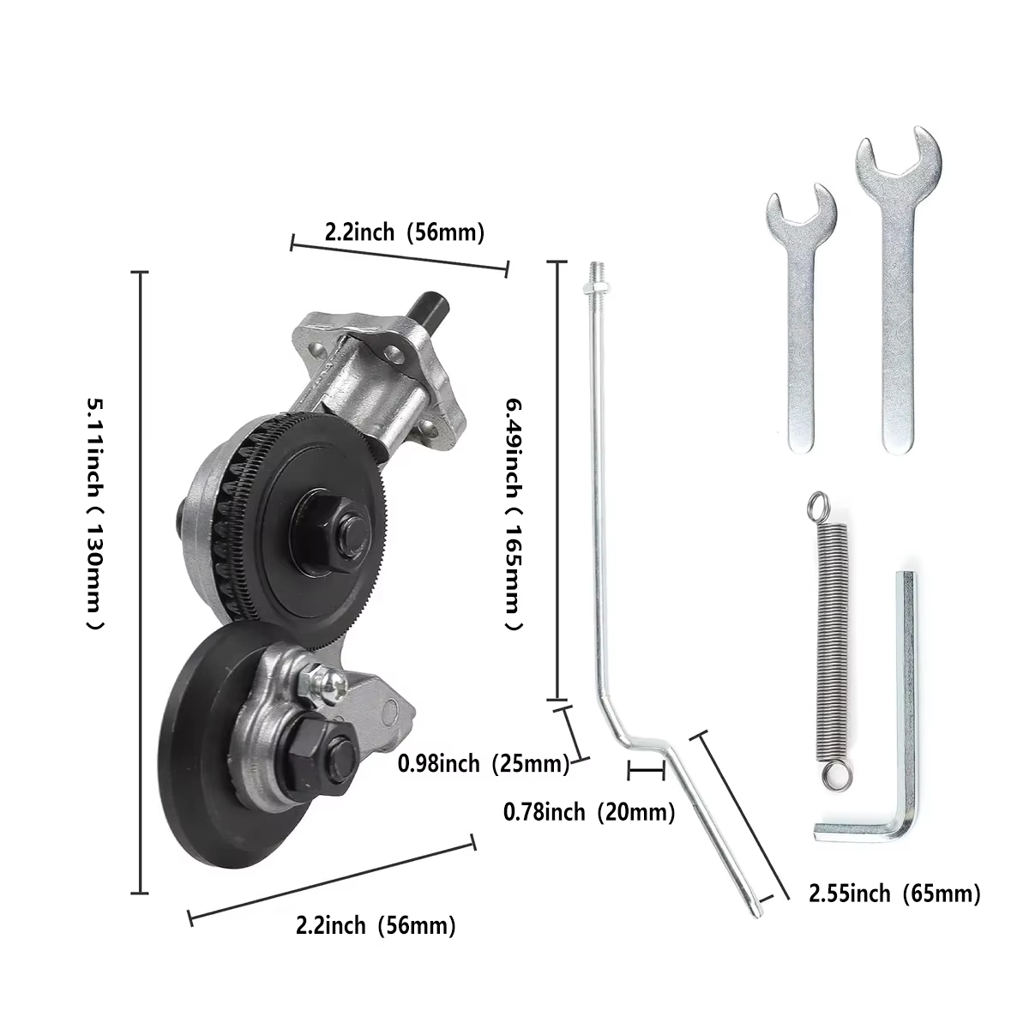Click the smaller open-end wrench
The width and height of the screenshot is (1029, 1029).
[801, 321]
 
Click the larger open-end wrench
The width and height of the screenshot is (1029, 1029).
[898, 299]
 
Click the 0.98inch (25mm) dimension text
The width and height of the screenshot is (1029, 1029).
[484, 764]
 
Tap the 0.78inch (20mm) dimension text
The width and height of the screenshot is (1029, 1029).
[589, 812]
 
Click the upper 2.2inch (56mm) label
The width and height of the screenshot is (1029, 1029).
[405, 233]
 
